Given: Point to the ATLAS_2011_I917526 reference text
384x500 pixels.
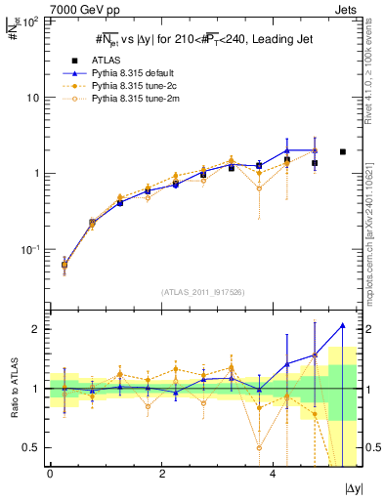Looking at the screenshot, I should [x=202, y=292].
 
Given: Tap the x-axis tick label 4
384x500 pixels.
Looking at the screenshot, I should [x=273, y=474].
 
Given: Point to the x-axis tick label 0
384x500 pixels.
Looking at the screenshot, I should [x=50, y=474].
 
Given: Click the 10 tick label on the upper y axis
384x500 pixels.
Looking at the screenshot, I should [x=31, y=98].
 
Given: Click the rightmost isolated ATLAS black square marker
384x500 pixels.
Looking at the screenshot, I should [x=342, y=151].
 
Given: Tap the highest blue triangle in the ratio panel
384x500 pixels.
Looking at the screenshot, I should [x=342, y=325].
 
